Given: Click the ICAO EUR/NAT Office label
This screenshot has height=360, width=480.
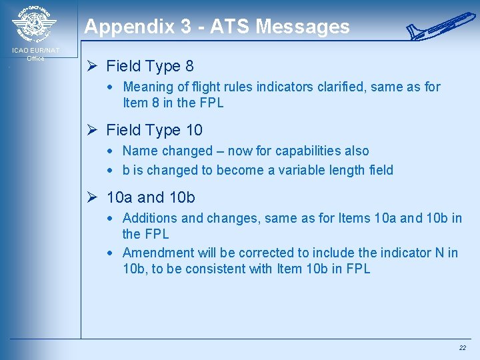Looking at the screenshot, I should point(35,54).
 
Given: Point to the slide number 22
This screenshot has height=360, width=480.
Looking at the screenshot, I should point(462,348).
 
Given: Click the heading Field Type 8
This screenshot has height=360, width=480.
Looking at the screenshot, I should point(150,66).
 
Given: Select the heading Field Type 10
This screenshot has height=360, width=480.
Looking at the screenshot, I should point(154,130).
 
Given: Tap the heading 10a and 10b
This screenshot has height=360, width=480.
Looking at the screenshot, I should point(151,197).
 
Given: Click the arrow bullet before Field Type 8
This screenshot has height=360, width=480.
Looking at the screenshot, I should point(93,66).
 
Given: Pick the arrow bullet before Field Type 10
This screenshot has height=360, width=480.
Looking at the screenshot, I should point(93,130).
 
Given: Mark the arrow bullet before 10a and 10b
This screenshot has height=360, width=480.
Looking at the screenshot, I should point(93,197).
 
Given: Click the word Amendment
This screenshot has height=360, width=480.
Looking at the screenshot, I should point(159,253).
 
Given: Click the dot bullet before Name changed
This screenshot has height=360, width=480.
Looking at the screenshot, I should point(109,151).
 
